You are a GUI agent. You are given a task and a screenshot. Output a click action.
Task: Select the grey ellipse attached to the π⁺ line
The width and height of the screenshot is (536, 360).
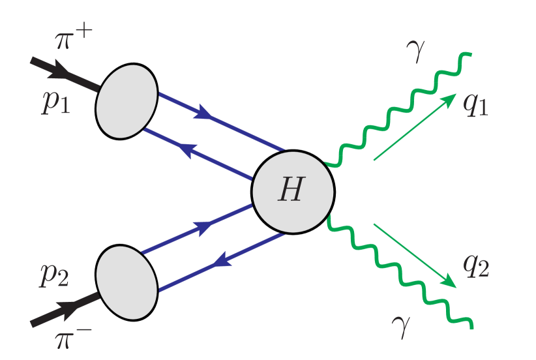(127, 101)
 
